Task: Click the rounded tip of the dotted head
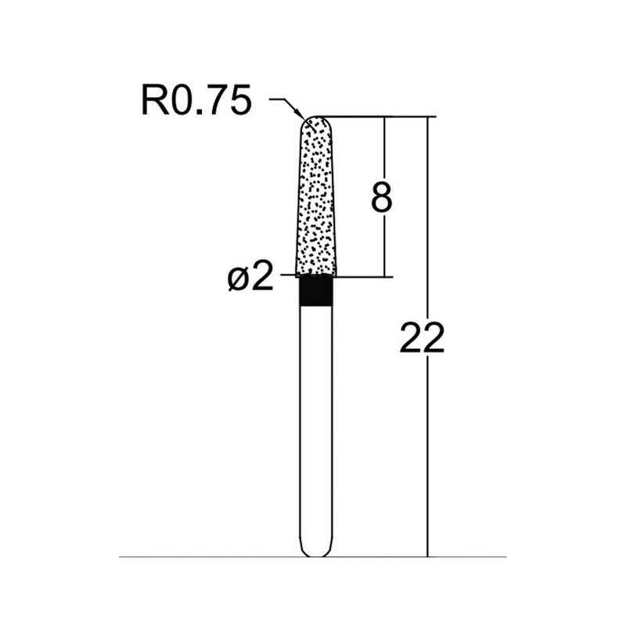[x=317, y=120]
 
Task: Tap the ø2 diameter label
[x=252, y=277]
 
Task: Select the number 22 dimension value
[x=422, y=338]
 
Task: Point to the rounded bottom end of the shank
[x=316, y=552]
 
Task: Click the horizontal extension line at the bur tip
[x=376, y=117]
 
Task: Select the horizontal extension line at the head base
[x=364, y=275]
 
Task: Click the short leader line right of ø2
[x=286, y=275]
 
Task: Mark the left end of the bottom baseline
[x=121, y=557]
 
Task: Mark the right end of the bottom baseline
[x=505, y=557]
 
